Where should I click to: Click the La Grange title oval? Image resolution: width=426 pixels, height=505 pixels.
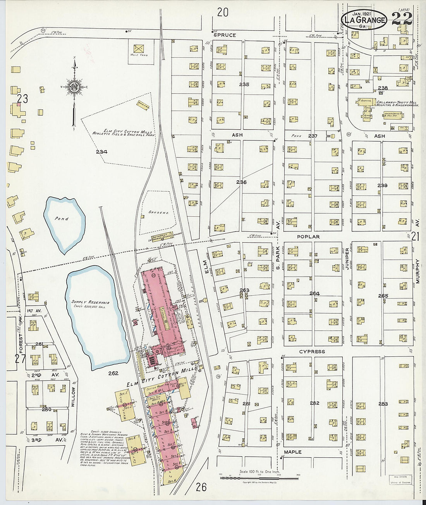[364, 21]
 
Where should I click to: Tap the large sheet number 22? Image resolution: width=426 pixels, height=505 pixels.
[401, 19]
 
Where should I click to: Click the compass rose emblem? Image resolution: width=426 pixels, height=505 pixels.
[74, 86]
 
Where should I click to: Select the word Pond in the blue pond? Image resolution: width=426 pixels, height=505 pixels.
[62, 219]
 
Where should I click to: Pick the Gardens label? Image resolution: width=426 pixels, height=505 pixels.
[159, 213]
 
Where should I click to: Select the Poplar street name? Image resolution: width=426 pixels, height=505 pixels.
[308, 236]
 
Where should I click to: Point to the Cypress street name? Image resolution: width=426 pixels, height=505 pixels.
[312, 352]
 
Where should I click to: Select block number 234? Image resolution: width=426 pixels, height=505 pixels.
[101, 152]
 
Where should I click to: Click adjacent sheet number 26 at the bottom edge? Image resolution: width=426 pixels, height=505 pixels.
[201, 487]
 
